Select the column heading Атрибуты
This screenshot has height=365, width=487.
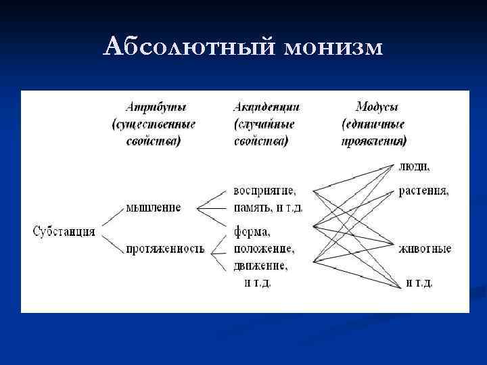click(156, 107)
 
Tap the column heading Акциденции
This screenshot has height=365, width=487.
click(266, 107)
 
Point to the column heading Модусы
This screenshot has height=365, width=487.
click(376, 107)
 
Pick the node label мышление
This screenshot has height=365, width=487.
click(154, 208)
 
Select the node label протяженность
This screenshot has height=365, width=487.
click(165, 249)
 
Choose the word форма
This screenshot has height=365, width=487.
click(252, 232)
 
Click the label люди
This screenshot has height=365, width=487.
click(414, 166)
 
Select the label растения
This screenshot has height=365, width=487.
click(423, 191)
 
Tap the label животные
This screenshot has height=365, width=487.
click(425, 249)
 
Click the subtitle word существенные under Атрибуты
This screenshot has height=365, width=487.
click(154, 124)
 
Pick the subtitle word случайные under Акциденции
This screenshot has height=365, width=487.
click(264, 124)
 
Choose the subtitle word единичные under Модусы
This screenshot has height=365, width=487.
click(374, 124)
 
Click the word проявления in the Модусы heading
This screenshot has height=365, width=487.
click(374, 141)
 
